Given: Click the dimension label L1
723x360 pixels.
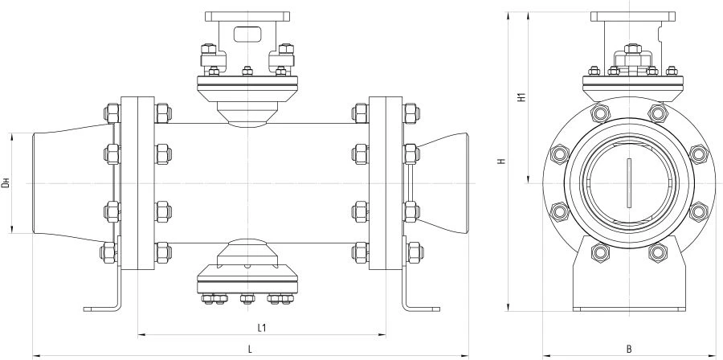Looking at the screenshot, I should tap(262, 328).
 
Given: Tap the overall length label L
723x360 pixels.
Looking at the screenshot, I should tap(251, 349).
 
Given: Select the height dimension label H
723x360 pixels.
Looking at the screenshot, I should tap(500, 162).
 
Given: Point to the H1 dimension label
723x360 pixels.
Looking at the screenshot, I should tap(521, 99).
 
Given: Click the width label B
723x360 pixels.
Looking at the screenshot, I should tap(628, 349).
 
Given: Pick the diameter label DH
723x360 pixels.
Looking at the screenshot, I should tap(6, 183).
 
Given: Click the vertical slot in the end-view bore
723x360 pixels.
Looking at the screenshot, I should tap(629, 183).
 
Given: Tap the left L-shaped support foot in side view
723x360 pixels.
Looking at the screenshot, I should tap(104, 305).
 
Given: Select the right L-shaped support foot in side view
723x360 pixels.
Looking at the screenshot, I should tap(422, 305).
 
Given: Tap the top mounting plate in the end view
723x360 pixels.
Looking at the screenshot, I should tap(629, 16).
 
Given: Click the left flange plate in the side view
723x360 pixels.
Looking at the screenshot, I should tap(137, 183).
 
